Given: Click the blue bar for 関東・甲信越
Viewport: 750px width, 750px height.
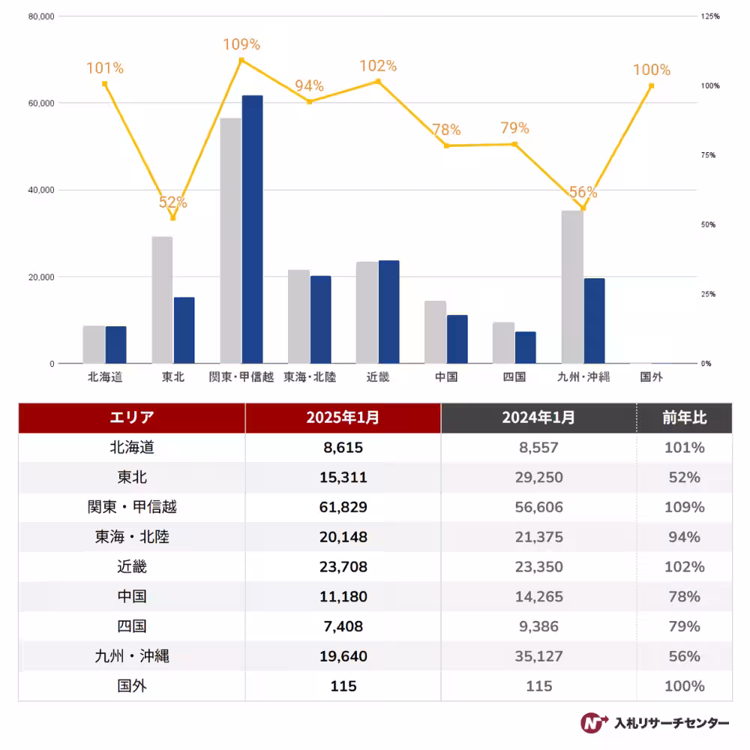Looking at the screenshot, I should point(252,229).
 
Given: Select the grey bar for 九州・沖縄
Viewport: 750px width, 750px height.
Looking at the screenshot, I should point(572,287).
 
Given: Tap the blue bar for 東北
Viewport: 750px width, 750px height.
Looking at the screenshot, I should point(184,331).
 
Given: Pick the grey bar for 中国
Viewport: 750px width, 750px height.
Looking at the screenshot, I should point(435,332).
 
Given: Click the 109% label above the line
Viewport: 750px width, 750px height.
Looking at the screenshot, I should point(241,45).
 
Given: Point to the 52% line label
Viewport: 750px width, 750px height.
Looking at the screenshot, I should point(172,202).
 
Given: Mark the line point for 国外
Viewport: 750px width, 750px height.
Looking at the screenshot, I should point(651,85).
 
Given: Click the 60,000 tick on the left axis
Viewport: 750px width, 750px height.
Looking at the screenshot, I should point(41,103).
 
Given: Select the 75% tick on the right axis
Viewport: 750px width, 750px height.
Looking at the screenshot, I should point(709,155).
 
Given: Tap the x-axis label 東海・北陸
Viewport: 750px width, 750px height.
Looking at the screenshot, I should point(310,377).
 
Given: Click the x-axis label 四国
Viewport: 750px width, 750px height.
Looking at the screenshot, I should point(514,377).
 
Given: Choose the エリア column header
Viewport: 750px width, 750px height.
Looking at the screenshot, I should point(131,418).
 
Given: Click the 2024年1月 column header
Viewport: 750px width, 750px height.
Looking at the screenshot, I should point(538,418).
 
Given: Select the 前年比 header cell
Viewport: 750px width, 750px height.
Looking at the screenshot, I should point(684,418).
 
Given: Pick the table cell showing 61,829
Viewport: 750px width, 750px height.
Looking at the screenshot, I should point(343,507).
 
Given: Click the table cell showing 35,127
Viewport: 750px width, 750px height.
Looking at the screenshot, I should point(538,656).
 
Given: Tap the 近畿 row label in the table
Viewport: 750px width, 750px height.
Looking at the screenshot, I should point(132,567).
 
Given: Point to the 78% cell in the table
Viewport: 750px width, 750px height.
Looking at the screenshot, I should point(684,597).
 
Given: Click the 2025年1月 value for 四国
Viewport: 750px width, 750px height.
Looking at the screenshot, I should point(343,626).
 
